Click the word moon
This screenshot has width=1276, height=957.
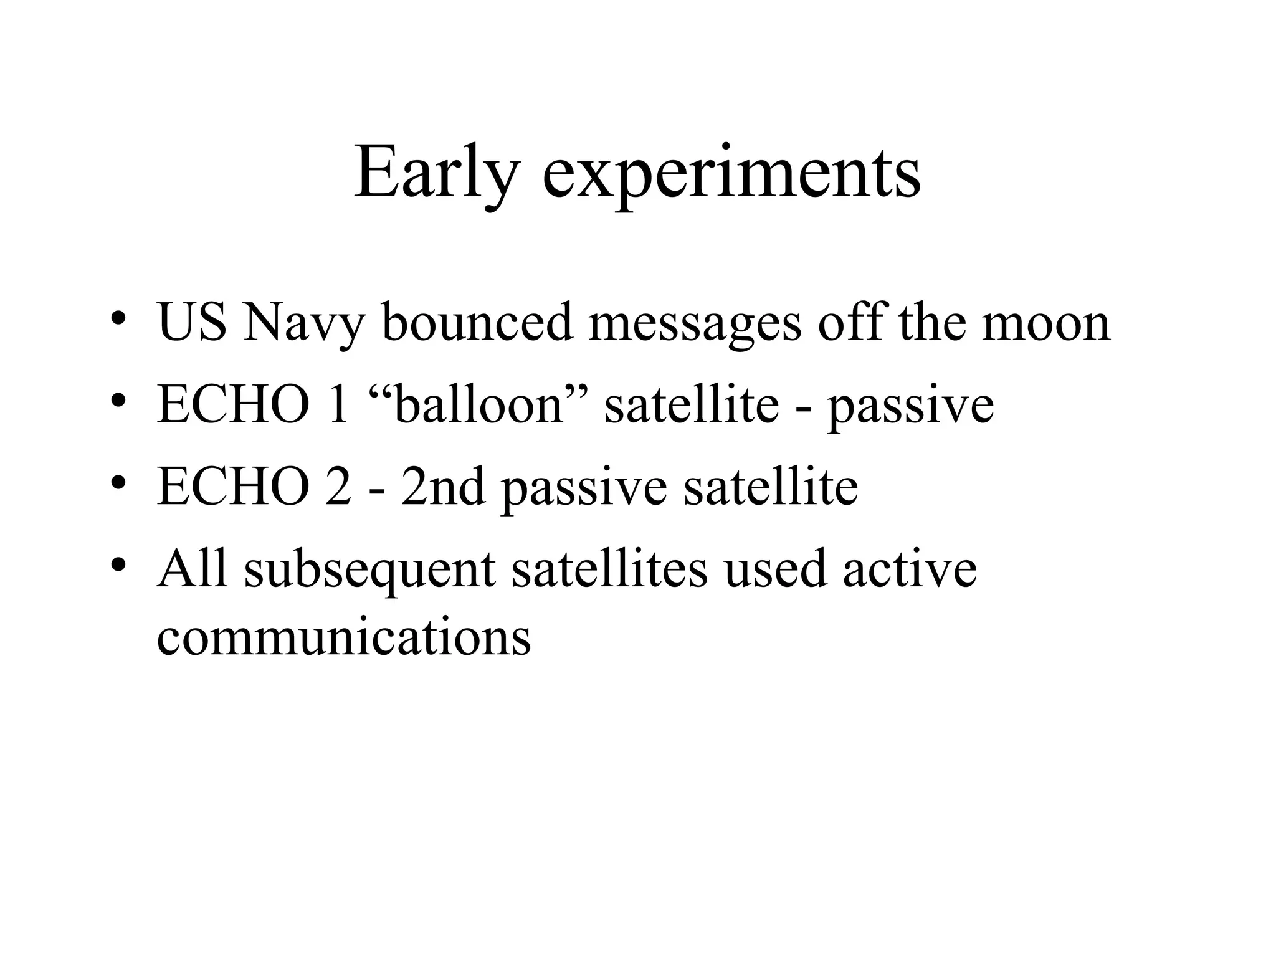[x=1046, y=324]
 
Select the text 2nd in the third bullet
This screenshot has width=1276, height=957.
[x=442, y=487]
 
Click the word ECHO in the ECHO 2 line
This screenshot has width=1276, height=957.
[x=234, y=487]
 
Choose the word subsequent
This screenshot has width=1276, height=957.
[x=370, y=570]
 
